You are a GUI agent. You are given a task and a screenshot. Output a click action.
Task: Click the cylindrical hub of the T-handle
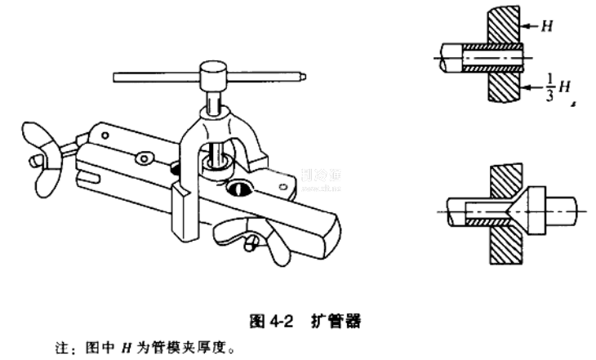(211, 77)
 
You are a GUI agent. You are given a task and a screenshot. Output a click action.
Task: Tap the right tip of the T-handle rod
(303, 79)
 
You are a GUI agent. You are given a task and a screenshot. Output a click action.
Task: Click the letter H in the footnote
(127, 345)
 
